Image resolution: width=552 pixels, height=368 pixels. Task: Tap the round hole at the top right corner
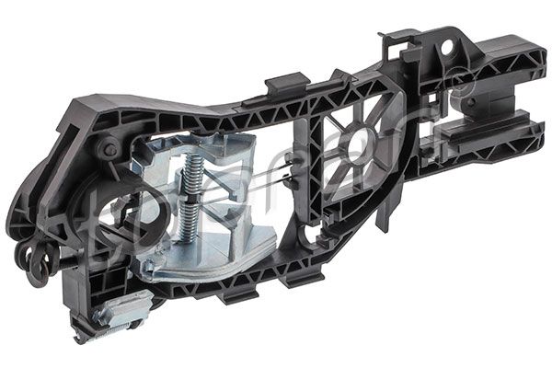pos(446,46)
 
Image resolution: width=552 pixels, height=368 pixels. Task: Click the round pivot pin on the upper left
pos(110,149)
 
